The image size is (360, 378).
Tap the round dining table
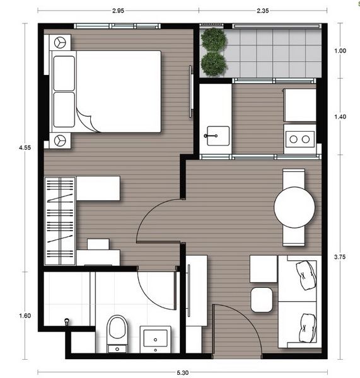[294, 207]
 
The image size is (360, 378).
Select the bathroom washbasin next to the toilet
[154, 338]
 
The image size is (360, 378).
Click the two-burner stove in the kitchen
[299, 138]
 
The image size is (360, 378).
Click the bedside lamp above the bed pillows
[59, 43]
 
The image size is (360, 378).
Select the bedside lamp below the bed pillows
[59, 140]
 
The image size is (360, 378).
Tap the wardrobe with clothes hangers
[60, 220]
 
